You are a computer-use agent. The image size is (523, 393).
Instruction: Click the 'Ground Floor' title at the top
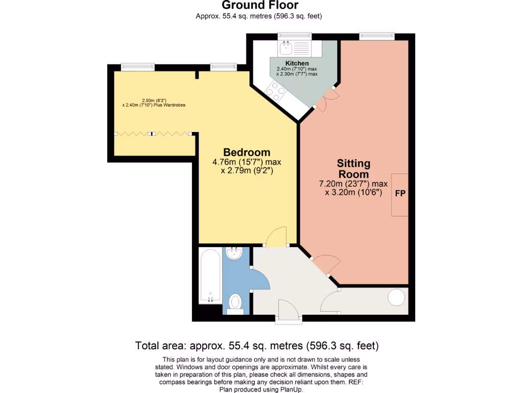[259, 6]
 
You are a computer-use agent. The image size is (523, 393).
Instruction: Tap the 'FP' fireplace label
[400, 195]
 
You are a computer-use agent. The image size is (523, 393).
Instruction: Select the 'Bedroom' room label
[247, 152]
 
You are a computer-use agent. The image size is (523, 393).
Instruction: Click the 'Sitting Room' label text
[353, 169]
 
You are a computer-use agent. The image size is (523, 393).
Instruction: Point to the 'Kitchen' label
[297, 63]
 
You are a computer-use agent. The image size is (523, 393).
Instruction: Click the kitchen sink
[285, 49]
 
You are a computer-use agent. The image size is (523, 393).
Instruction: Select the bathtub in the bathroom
[210, 276]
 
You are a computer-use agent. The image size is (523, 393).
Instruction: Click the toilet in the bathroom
[235, 301]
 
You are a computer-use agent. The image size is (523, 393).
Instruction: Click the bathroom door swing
[261, 279]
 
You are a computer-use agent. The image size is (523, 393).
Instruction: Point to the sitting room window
[377, 35]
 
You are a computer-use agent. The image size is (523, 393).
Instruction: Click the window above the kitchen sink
[295, 35]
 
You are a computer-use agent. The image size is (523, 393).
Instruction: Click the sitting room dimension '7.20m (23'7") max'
[353, 184]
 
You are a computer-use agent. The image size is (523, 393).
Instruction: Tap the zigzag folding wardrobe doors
[153, 133]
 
